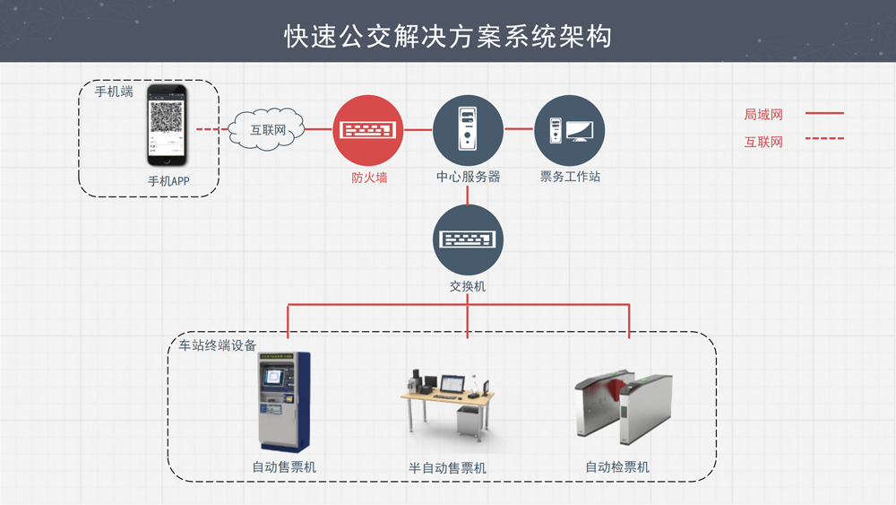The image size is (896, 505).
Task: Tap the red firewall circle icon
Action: (368, 130)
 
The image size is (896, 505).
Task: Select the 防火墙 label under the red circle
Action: (369, 178)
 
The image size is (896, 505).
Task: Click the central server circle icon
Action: (468, 130)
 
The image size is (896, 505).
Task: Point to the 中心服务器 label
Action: (468, 178)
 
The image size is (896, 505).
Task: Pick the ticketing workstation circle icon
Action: (569, 130)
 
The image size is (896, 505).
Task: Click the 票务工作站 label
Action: (570, 178)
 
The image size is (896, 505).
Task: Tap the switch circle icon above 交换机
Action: (468, 239)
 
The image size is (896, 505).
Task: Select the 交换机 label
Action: (468, 287)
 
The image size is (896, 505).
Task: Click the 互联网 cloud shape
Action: (268, 131)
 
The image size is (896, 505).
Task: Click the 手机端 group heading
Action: (114, 91)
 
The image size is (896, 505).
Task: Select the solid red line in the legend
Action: (824, 114)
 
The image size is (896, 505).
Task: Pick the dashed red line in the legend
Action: (824, 140)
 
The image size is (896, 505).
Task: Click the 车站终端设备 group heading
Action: (218, 345)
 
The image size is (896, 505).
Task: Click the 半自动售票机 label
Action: (447, 468)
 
